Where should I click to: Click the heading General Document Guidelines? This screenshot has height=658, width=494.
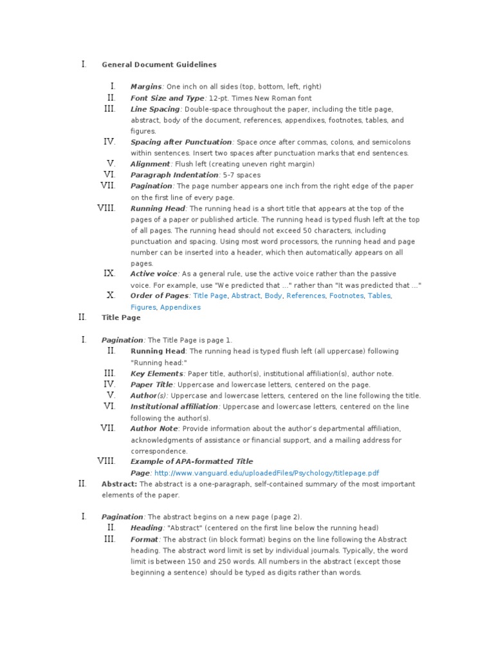pos(159,64)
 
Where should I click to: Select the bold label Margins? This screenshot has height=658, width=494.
pos(146,86)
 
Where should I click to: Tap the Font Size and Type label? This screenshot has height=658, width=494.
pos(167,98)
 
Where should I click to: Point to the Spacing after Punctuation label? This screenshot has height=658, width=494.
pos(181,142)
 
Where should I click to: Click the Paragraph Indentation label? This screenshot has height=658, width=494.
pos(174,175)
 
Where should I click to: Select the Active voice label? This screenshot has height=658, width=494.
pos(154,274)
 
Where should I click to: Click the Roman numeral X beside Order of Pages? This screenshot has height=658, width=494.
pos(111,296)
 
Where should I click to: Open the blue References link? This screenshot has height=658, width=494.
pos(306,296)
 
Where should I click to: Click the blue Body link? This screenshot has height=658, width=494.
pos(273,296)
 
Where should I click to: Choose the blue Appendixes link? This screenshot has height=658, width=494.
pos(180,307)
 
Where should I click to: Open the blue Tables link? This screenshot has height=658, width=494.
pos(379,296)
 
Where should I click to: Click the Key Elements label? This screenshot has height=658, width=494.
pos(156,373)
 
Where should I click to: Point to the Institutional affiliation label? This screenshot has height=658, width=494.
pos(174,407)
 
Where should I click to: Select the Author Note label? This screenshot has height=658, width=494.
pos(154,429)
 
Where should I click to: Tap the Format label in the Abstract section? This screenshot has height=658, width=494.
pos(144,539)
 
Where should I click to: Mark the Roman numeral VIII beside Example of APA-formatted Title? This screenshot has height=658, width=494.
pos(106,461)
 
